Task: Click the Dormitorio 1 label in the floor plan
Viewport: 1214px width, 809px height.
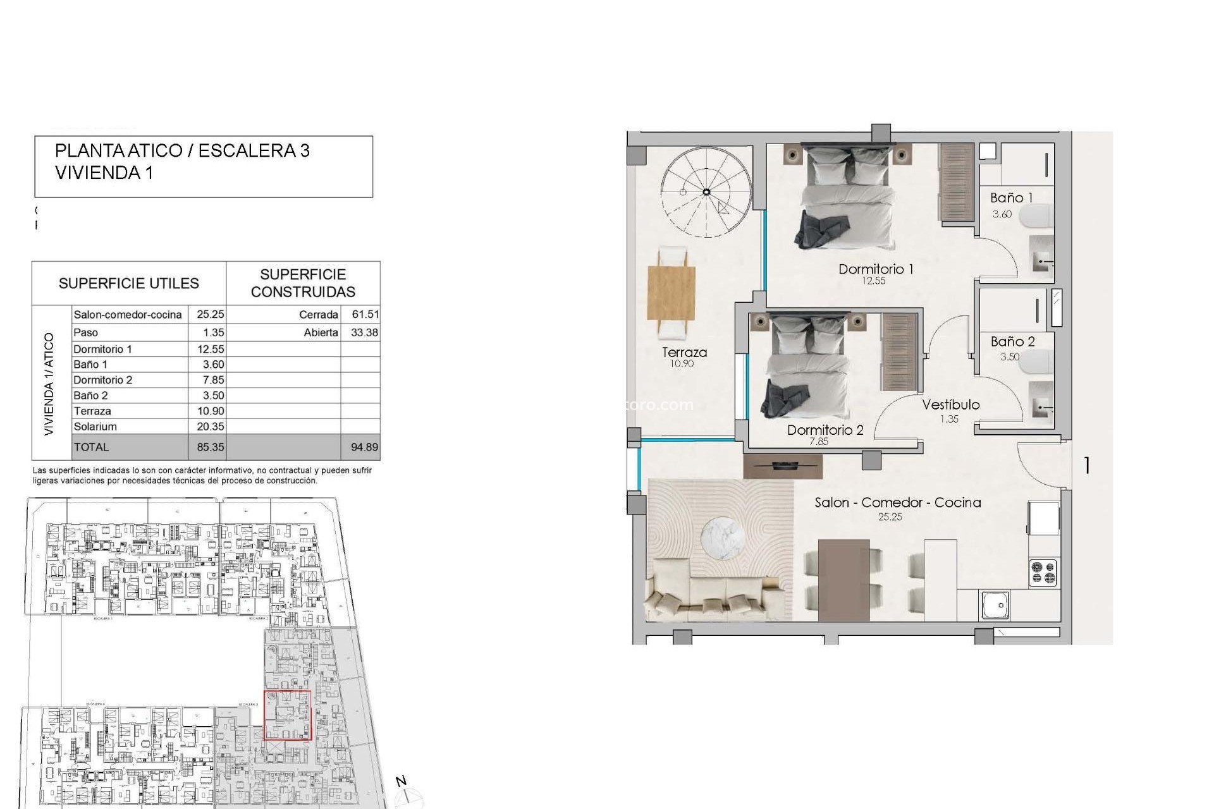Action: pos(875,269)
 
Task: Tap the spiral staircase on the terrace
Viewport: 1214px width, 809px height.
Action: pos(706,192)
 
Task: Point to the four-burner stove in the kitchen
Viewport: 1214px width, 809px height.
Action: pos(1043,573)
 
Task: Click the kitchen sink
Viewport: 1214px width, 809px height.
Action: pos(995,605)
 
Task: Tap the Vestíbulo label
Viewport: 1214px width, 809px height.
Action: pos(950,405)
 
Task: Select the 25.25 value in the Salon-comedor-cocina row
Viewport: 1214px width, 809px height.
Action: pos(210,315)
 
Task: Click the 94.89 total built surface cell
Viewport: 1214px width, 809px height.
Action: pos(364,447)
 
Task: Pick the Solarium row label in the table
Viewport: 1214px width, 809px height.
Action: pos(95,427)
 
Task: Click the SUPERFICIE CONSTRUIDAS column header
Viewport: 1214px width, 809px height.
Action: pos(303,283)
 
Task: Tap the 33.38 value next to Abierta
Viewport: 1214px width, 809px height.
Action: pos(364,332)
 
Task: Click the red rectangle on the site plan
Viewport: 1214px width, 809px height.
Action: pos(287,715)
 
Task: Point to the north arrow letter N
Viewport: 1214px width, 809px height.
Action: pos(401,782)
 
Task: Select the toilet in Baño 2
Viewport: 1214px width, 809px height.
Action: pos(1037,363)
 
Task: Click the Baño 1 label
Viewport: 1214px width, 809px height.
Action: pos(1010,198)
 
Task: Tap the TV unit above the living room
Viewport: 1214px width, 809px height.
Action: pos(783,466)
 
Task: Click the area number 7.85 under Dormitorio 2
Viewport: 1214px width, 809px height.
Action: pos(818,442)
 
